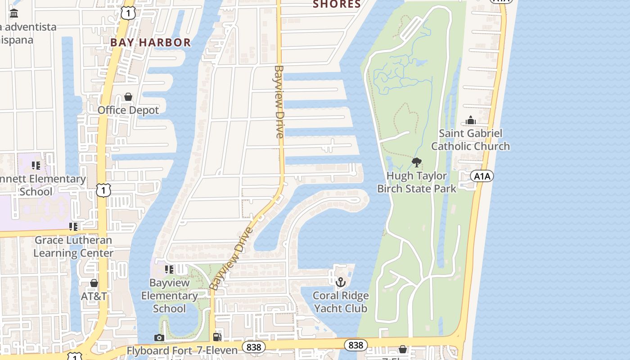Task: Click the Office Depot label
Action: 128,110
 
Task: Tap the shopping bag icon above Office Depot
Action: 128,97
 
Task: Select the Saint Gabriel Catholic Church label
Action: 470,139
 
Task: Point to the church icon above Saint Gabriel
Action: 471,120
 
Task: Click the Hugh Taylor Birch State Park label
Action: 417,182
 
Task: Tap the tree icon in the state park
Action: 417,162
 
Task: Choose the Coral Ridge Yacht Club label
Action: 341,302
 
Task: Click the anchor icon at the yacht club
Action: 341,282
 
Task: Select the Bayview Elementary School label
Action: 169,296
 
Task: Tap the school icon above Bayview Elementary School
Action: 169,270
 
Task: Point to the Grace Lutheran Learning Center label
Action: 73,246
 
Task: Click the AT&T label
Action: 94,296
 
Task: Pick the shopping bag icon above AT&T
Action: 94,283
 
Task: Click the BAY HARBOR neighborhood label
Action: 151,43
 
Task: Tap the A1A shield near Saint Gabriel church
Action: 481,176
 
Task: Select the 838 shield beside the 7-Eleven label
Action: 254,347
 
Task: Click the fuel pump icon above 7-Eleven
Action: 217,337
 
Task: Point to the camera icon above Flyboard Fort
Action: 159,337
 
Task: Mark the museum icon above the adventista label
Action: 14,13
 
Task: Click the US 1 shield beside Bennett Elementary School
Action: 103,190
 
